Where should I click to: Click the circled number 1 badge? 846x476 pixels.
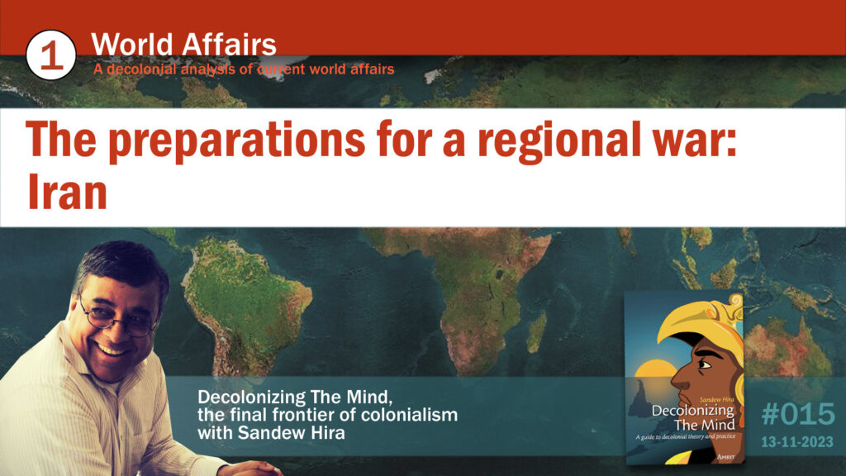point(50,55)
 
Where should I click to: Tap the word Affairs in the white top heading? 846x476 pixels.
point(229,45)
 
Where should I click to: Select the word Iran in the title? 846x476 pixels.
point(67,192)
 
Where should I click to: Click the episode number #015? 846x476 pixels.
point(797,415)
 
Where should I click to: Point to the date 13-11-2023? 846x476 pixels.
point(797,443)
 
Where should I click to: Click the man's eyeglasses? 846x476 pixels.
point(116,320)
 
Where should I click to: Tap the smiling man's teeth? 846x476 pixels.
point(112,350)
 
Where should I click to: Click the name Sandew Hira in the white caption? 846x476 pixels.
point(291,433)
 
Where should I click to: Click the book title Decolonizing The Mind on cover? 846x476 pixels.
point(693,417)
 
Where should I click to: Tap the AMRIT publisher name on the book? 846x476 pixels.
point(725,456)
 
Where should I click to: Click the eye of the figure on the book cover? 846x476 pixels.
point(705,365)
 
